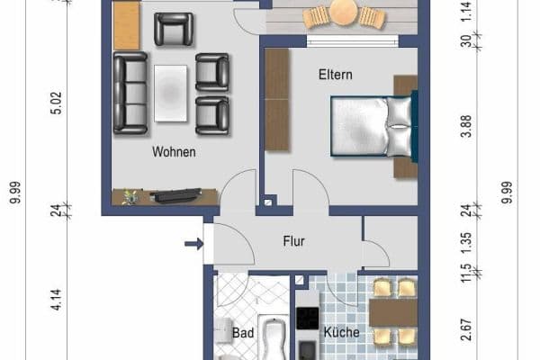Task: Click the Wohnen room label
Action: coord(175,152)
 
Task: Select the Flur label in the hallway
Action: coord(294,241)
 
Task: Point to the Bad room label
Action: coord(243,333)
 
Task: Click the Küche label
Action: coord(341,333)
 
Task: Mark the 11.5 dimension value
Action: coord(465,274)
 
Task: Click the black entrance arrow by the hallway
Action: coord(192,242)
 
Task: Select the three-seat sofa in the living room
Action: coord(130,93)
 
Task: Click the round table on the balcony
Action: coord(343,13)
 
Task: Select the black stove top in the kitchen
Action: coord(308,319)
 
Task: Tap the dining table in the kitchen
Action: coord(394,311)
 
